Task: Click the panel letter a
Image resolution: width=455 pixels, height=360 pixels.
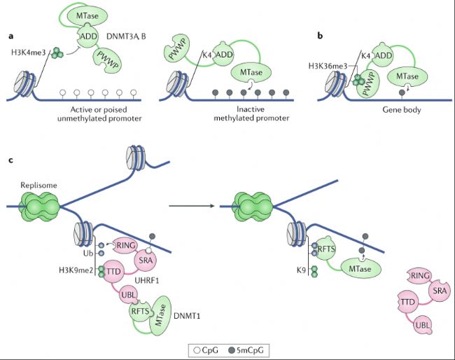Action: click(10, 34)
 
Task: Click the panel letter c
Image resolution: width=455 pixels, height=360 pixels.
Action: click(10, 160)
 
